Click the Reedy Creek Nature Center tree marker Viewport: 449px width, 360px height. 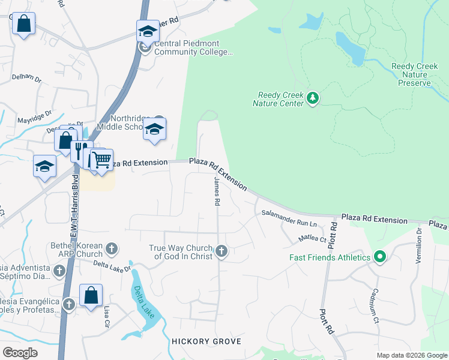312,98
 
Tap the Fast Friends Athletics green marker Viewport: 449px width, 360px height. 379,257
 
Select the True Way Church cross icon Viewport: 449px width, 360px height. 221,251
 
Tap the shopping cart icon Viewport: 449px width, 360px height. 101,160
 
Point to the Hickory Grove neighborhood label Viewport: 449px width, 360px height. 206,341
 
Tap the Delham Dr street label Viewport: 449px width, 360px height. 26,79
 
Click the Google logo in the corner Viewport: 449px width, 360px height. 20,352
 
